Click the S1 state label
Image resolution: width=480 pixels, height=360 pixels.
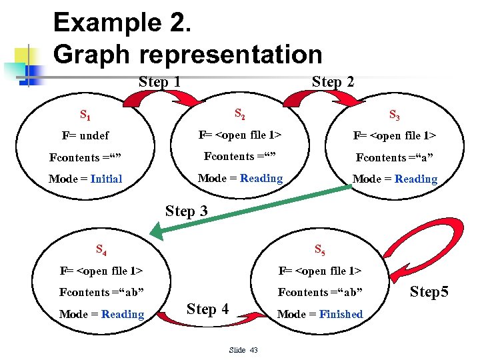(85, 115)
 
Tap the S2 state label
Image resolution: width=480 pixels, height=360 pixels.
(239, 115)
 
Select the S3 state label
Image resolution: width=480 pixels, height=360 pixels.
(394, 115)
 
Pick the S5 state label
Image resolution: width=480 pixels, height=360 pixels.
(319, 251)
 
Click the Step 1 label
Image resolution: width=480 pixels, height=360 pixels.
(160, 82)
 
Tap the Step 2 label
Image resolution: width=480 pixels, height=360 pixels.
(333, 82)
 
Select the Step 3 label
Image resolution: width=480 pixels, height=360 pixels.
(186, 211)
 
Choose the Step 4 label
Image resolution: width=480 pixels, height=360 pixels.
(208, 309)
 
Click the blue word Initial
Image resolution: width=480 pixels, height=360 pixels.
(106, 179)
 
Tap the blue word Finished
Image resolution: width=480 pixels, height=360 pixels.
(341, 314)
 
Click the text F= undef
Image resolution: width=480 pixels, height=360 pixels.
(85, 136)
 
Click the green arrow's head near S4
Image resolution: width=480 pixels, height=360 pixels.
(157, 233)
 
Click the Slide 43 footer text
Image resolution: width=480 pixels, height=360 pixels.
(243, 350)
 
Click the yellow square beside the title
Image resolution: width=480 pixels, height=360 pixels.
(25, 55)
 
